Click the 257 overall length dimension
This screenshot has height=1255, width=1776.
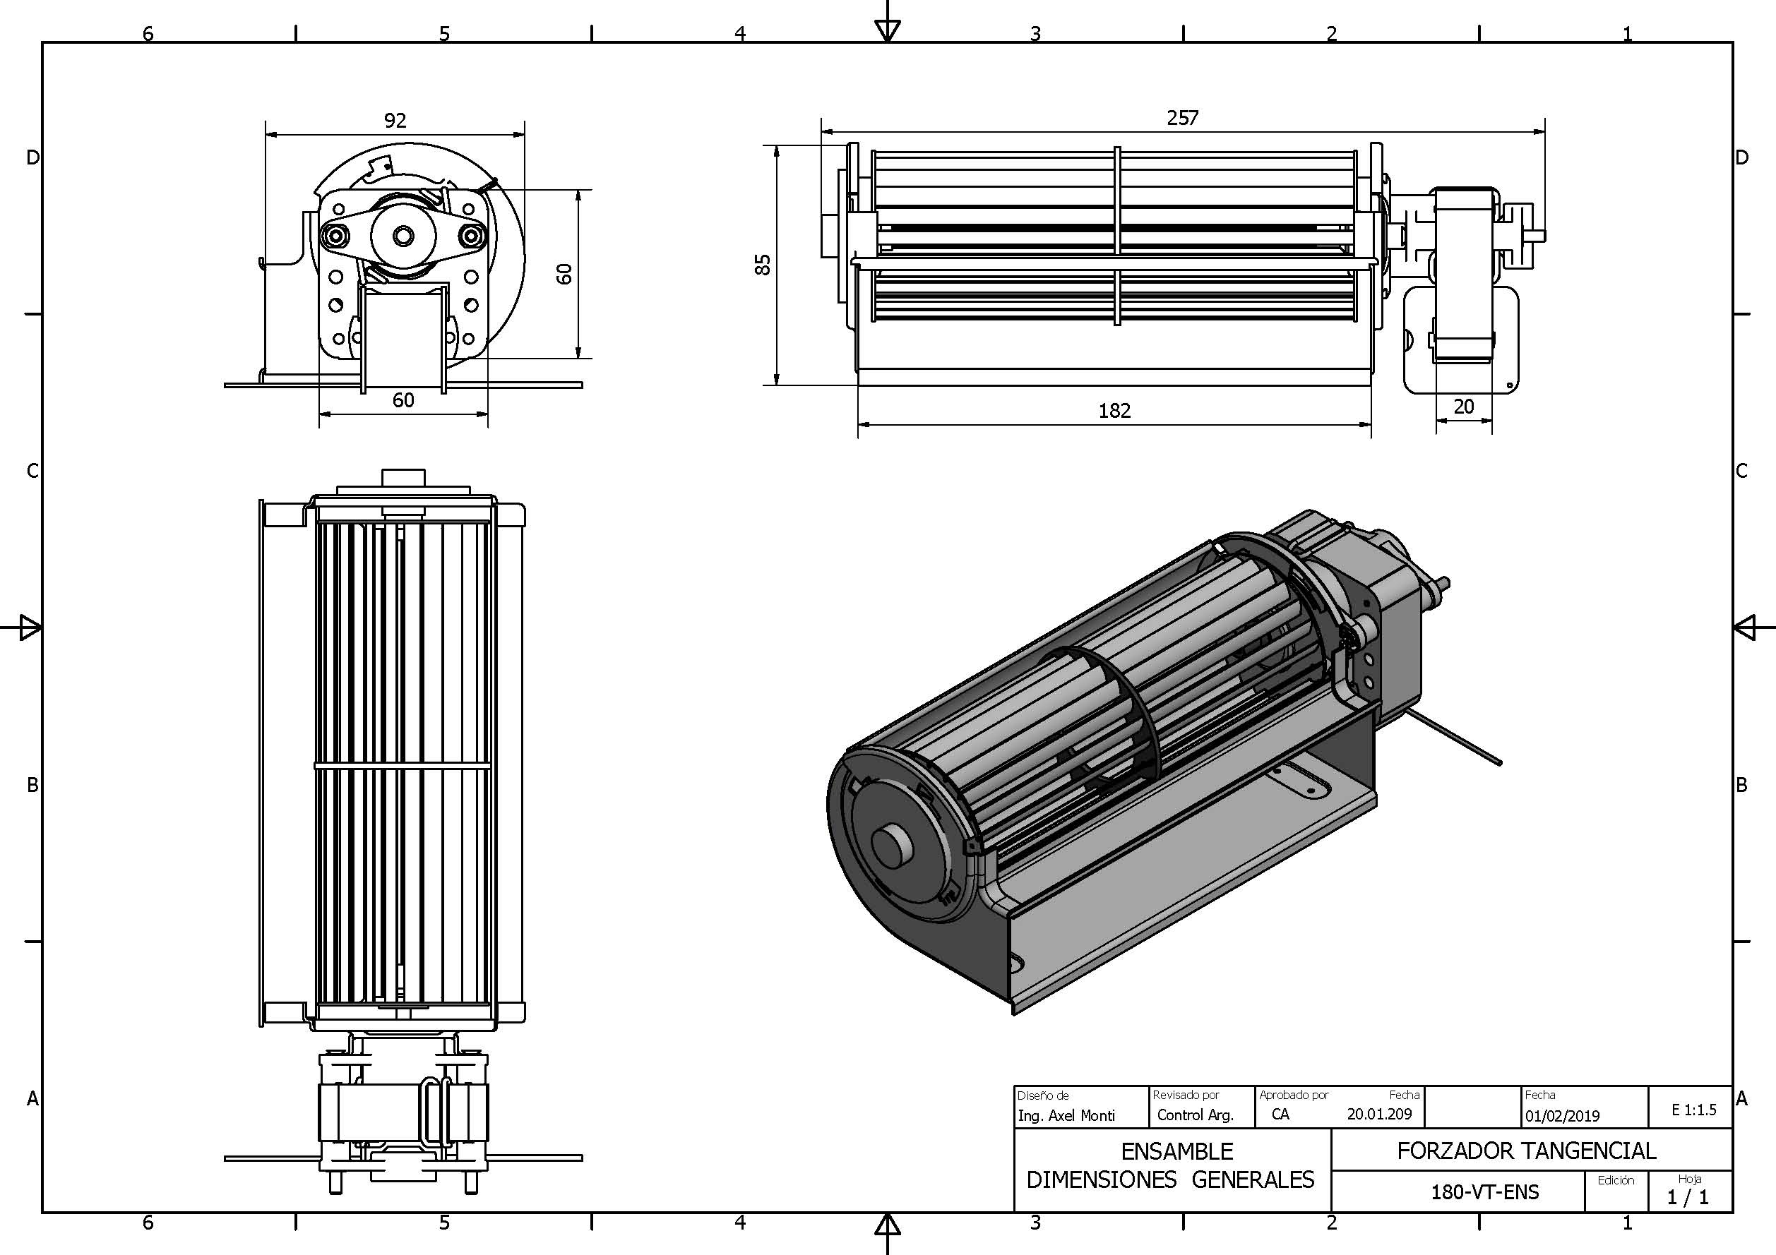[1182, 118]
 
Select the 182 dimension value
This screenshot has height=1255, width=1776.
[1114, 411]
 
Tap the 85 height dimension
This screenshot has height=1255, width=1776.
[763, 265]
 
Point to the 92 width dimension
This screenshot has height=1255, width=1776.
[395, 121]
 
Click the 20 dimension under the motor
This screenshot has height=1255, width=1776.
[1463, 407]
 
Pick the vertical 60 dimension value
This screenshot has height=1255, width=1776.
[565, 273]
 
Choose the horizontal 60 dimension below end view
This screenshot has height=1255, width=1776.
[403, 400]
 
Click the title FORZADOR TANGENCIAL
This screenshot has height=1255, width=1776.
[1526, 1151]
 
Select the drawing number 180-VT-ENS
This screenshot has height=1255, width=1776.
[1484, 1191]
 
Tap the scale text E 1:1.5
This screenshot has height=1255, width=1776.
[1693, 1110]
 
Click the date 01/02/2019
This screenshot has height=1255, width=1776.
[1562, 1116]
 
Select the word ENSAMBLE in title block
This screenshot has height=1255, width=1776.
[1176, 1151]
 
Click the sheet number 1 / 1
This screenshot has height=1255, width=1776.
[1688, 1197]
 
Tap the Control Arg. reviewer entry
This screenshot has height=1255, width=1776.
[1194, 1115]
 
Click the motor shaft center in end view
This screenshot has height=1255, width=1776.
[403, 235]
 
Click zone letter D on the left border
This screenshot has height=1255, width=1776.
[32, 157]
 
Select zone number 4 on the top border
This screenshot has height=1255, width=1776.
[739, 33]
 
